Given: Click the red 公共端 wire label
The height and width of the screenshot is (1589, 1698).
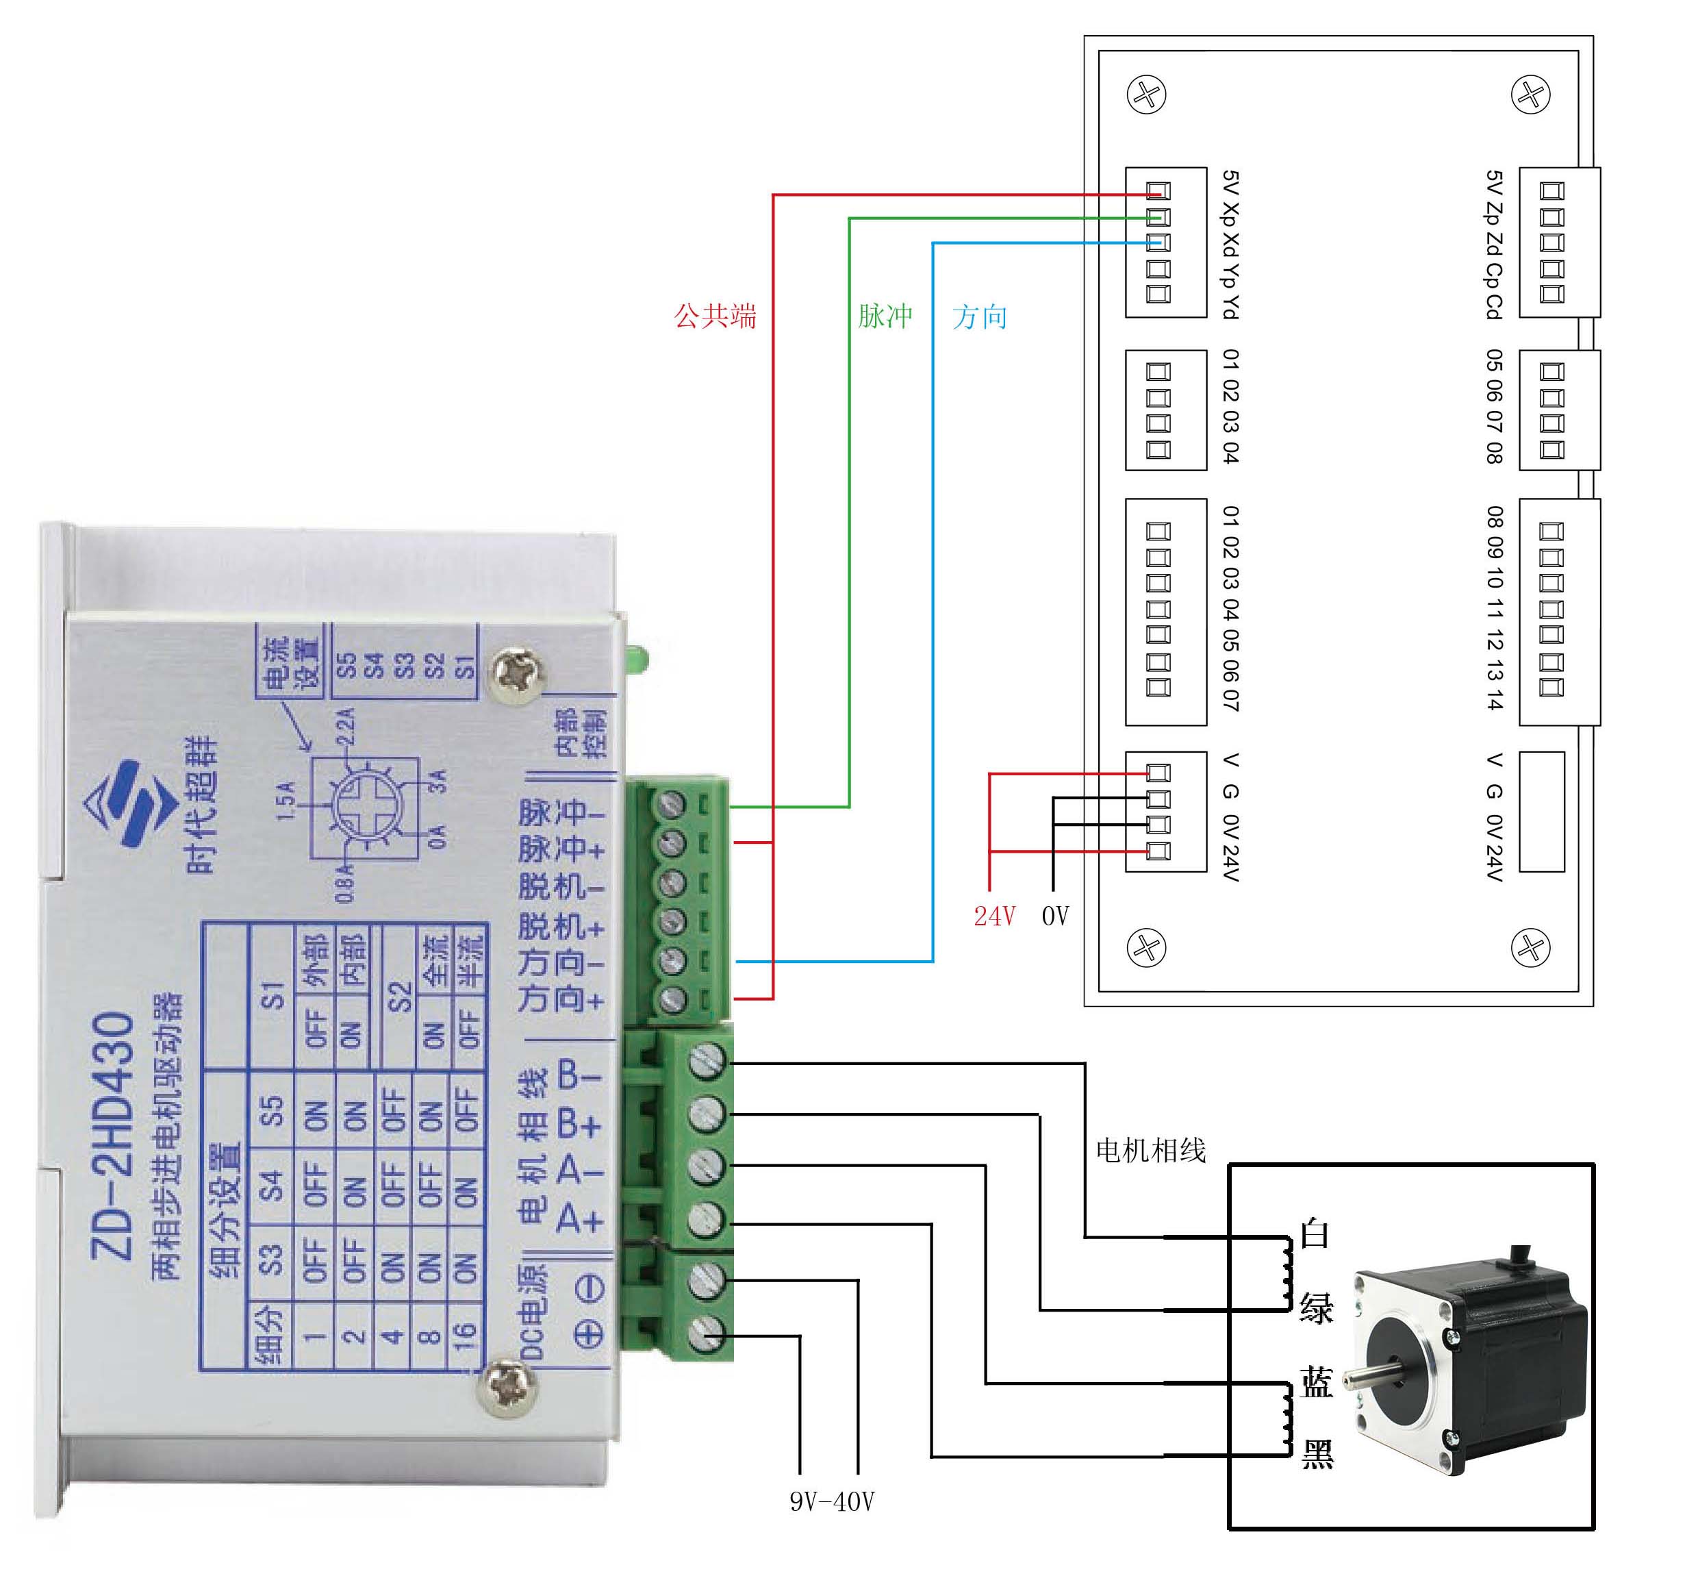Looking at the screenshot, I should point(715,316).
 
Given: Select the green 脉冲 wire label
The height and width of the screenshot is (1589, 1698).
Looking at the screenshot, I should point(885,316).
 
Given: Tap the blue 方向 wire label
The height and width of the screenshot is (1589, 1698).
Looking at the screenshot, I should point(979,317).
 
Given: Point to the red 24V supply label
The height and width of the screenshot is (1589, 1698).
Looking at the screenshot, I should point(994,916).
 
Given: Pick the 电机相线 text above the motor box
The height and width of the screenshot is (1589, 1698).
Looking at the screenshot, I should point(1150,1151).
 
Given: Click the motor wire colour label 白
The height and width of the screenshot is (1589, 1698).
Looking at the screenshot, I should point(1315,1234).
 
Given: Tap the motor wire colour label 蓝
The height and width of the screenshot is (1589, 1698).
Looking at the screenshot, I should point(1316,1381).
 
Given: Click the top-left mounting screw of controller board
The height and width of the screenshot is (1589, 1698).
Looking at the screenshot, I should point(1147,94).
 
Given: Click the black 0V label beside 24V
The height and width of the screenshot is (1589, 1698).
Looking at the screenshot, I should point(1055,916).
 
